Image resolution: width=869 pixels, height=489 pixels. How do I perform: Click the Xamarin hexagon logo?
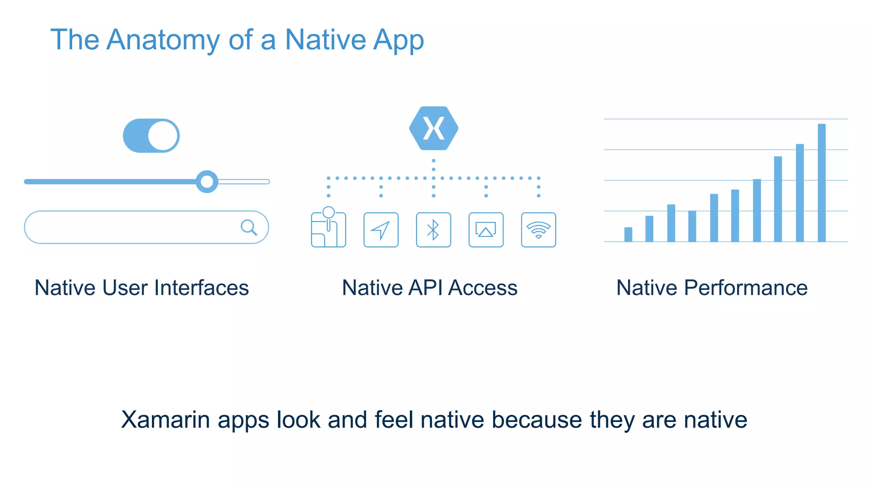click(x=433, y=128)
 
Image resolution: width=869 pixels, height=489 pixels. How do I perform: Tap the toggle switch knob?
click(x=163, y=135)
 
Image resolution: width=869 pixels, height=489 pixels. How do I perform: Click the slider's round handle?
click(x=207, y=182)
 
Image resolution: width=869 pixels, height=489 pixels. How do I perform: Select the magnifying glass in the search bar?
click(x=249, y=227)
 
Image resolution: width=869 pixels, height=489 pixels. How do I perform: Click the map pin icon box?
click(x=328, y=229)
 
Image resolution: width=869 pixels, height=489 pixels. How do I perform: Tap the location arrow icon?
click(x=381, y=230)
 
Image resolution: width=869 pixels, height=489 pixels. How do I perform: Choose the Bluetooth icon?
click(x=433, y=230)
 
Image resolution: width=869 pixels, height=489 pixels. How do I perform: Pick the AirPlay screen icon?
click(x=486, y=230)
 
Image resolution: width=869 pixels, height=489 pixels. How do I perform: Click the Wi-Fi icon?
click(x=538, y=230)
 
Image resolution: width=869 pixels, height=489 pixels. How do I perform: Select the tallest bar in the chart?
click(x=821, y=183)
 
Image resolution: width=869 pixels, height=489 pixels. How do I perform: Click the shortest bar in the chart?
click(x=628, y=234)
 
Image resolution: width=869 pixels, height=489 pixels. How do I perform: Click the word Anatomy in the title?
click(x=163, y=40)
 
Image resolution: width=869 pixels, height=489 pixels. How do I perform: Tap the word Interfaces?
click(x=202, y=288)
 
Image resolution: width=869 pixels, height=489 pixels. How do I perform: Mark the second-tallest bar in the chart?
click(x=799, y=193)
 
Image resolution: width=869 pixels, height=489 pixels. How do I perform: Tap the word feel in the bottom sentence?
click(x=394, y=420)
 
